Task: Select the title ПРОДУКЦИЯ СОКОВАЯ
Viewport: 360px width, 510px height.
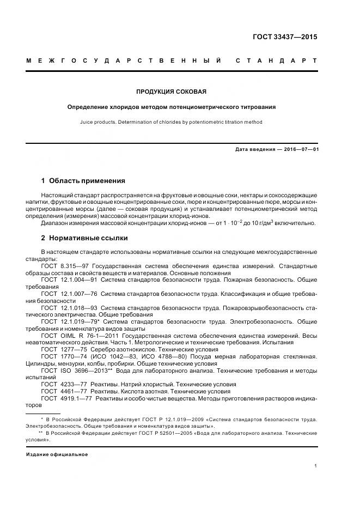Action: pos(172,92)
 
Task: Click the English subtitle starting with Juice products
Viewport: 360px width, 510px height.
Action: pos(172,122)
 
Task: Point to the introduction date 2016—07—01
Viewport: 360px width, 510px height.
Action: pos(301,149)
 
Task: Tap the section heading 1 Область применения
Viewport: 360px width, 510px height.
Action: pos(83,180)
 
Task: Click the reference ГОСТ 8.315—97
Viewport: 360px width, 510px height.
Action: pos(61,266)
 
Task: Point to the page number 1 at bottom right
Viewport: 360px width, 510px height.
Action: pos(315,466)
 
